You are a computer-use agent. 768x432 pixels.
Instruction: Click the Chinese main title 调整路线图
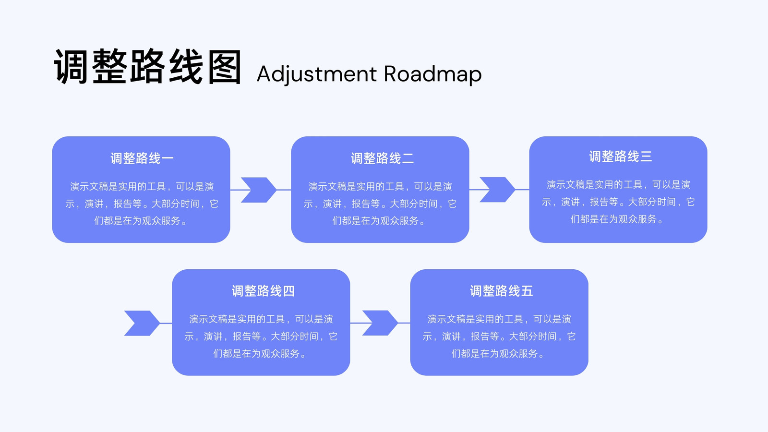click(148, 67)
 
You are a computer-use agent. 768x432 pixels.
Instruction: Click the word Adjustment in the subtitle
click(317, 74)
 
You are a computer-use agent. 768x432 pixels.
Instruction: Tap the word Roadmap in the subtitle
click(432, 74)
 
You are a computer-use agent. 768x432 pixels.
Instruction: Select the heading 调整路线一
click(142, 158)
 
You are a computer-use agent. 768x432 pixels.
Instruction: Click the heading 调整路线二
click(382, 158)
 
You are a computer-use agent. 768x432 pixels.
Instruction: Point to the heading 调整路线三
click(621, 156)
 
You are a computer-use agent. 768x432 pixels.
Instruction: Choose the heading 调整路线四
click(263, 291)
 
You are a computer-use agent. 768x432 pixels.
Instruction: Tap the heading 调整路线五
click(501, 291)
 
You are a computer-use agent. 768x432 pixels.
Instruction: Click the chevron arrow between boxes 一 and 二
click(259, 190)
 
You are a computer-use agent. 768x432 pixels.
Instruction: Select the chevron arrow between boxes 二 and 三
click(497, 190)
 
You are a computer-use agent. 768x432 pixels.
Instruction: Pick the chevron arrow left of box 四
click(142, 323)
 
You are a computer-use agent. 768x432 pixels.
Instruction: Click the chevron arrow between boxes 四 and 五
click(380, 323)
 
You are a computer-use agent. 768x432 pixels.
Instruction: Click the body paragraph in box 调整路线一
click(142, 204)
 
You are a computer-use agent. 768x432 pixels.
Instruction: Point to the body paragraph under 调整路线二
click(380, 204)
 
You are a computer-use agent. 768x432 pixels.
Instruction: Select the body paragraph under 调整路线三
click(619, 202)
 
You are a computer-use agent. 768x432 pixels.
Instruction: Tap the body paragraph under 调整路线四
click(261, 336)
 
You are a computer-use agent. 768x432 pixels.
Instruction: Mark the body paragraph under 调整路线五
click(499, 336)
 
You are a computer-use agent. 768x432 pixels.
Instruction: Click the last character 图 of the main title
click(225, 67)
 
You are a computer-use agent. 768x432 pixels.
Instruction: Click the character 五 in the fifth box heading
click(527, 291)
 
